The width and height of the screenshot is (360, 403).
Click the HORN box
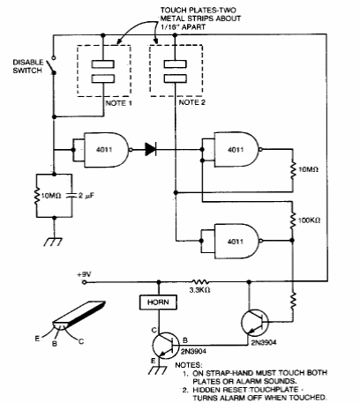point(158,302)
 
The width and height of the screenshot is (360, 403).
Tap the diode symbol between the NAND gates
point(151,149)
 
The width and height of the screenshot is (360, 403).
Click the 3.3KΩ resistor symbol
point(200,281)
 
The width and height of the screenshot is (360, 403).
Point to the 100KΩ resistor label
point(310,220)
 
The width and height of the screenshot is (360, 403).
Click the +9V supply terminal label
point(84,274)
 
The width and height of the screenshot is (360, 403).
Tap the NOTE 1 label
point(118,103)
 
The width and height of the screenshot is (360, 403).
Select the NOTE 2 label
point(192,102)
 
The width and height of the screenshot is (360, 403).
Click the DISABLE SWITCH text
point(27,66)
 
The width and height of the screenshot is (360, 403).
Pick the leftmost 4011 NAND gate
point(101,150)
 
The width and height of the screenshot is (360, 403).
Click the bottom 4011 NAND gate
point(231,242)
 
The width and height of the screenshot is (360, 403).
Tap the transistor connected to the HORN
point(166,346)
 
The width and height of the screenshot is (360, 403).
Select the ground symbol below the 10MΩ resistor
point(53,242)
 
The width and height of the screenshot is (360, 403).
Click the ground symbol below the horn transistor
point(159,369)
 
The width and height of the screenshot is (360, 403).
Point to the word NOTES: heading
point(189,365)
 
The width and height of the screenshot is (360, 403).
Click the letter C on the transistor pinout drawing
point(81,341)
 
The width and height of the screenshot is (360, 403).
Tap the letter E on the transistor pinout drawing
point(37,339)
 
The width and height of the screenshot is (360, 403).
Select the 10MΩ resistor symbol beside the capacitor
point(36,196)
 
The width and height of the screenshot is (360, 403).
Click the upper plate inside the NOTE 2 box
point(175,63)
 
